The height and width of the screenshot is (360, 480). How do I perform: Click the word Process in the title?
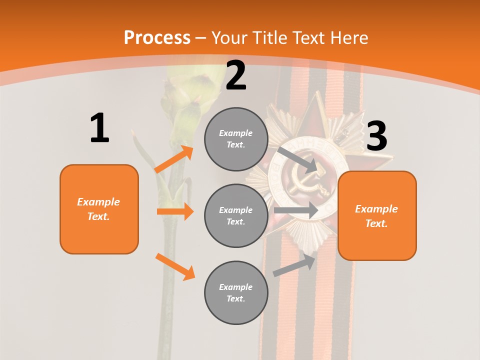point(157,37)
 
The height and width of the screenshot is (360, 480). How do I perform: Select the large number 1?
point(99,128)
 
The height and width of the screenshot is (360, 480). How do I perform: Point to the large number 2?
point(236,75)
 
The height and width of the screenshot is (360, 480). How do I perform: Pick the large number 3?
point(376,136)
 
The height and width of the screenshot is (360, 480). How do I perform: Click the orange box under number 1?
point(99,209)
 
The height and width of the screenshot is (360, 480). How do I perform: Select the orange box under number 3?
point(377,215)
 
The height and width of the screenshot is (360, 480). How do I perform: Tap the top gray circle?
point(236,139)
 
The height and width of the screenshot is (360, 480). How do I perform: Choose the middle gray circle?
point(236,215)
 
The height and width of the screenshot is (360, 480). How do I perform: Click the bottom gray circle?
point(236,292)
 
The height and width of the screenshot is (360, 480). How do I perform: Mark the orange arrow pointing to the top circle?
point(174,159)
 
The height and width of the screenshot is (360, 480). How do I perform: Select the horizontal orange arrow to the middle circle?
point(175,211)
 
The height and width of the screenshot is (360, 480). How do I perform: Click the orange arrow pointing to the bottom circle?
point(175,266)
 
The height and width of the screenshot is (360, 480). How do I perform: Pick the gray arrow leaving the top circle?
point(297,158)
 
